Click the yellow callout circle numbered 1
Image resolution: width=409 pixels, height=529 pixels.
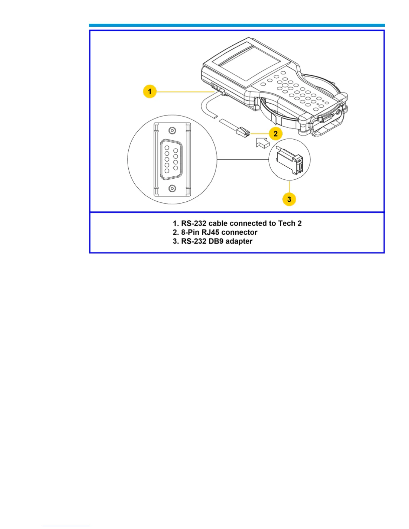[150, 91]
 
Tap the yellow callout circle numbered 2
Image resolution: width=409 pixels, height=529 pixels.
[275, 134]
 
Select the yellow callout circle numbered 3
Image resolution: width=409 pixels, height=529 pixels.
[289, 199]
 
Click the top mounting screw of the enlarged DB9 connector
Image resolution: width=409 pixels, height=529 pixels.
[172, 130]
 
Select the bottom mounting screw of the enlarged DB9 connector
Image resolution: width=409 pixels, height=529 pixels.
[172, 189]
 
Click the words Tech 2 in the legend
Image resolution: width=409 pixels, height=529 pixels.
[290, 223]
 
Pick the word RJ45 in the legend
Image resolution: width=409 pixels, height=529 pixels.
[211, 232]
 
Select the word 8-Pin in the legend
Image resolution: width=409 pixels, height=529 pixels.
[190, 232]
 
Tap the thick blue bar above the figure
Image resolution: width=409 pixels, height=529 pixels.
[237, 25]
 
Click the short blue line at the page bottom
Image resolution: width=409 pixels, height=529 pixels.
[66, 526]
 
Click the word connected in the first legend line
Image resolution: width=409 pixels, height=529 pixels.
[247, 223]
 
